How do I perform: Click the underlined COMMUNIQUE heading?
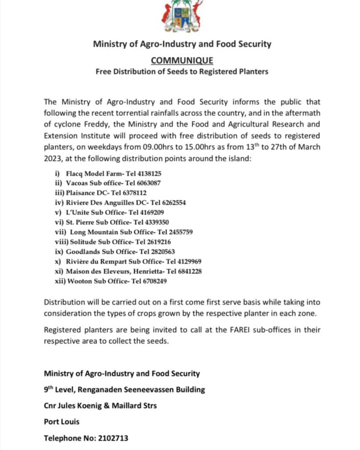[182, 60]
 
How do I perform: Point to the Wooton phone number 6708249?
[155, 281]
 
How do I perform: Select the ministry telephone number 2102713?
[113, 438]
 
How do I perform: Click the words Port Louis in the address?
[62, 422]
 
